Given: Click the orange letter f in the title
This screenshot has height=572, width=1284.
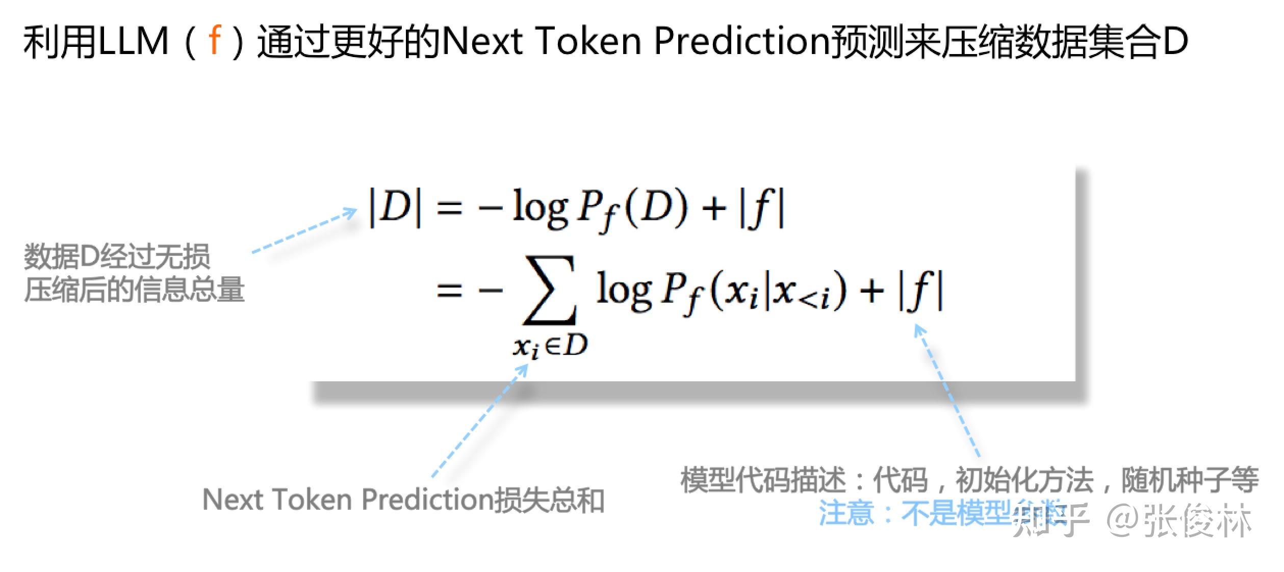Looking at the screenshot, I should (215, 41).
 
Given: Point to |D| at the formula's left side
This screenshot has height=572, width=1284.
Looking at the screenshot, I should (396, 208).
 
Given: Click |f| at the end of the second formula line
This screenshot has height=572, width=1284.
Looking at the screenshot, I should (920, 291).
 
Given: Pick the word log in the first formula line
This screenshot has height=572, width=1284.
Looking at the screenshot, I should (540, 208).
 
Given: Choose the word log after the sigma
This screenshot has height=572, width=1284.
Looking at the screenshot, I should (624, 291).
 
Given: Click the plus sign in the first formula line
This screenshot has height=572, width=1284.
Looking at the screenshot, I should (714, 208).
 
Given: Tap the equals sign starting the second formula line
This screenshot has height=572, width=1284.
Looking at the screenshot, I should (449, 291).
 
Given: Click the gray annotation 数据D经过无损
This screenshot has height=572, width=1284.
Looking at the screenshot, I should (117, 256).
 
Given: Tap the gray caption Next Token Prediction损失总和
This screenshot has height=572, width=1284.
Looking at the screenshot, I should (403, 500).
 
